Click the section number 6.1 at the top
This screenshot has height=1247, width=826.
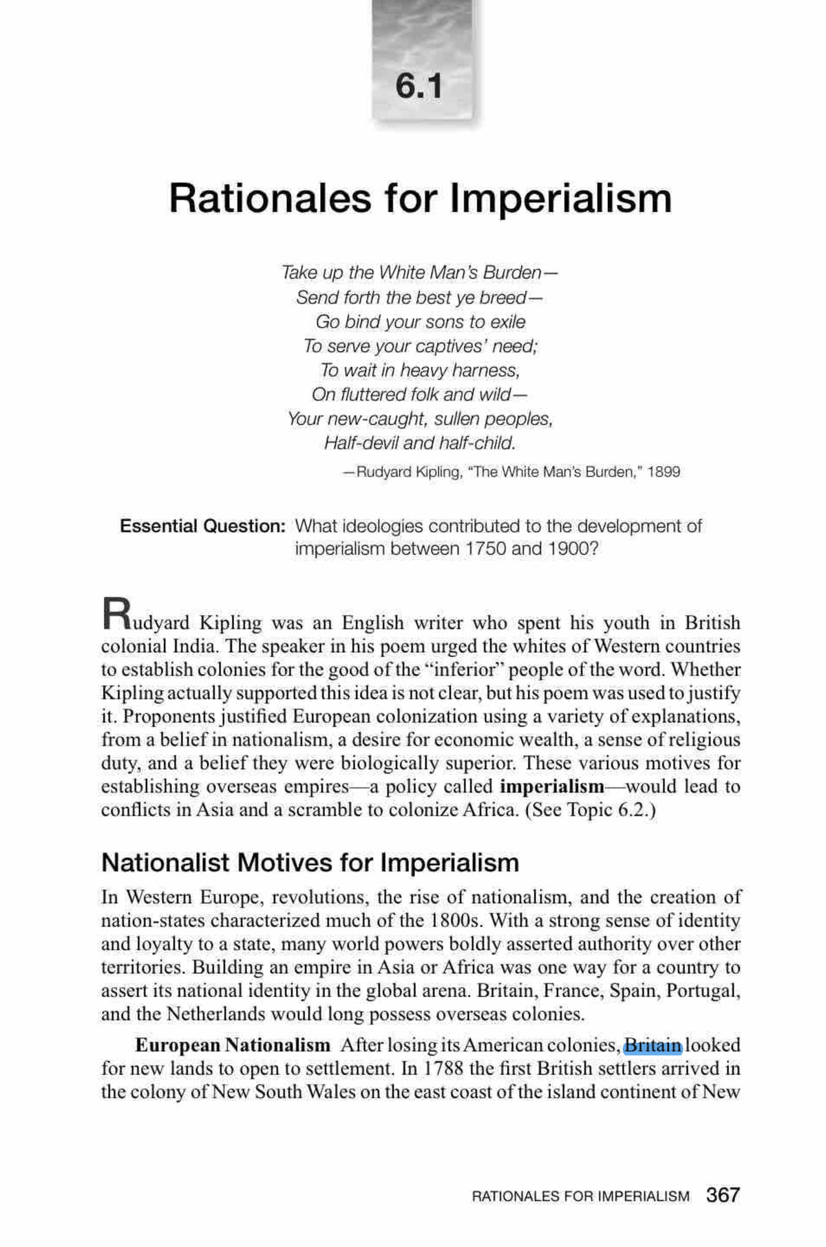pyautogui.click(x=419, y=86)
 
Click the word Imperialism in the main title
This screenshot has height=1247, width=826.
pyautogui.click(x=560, y=198)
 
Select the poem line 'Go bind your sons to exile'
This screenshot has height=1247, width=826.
pyautogui.click(x=420, y=322)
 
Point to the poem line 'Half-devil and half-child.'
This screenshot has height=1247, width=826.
pyautogui.click(x=420, y=443)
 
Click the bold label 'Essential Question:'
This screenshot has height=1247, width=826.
pyautogui.click(x=202, y=526)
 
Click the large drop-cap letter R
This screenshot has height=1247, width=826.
pyautogui.click(x=116, y=613)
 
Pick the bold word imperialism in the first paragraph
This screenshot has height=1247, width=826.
pyautogui.click(x=551, y=786)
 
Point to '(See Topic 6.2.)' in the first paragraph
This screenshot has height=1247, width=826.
pyautogui.click(x=591, y=810)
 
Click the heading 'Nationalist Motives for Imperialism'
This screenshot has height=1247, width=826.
pyautogui.click(x=310, y=863)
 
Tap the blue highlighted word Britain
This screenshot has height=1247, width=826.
pyautogui.click(x=652, y=1045)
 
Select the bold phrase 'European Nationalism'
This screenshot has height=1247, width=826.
pyautogui.click(x=233, y=1045)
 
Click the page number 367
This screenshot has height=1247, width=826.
pyautogui.click(x=723, y=1195)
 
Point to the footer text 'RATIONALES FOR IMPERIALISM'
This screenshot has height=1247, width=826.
pyautogui.click(x=580, y=1196)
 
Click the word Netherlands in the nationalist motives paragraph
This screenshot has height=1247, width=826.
pyautogui.click(x=215, y=1014)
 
